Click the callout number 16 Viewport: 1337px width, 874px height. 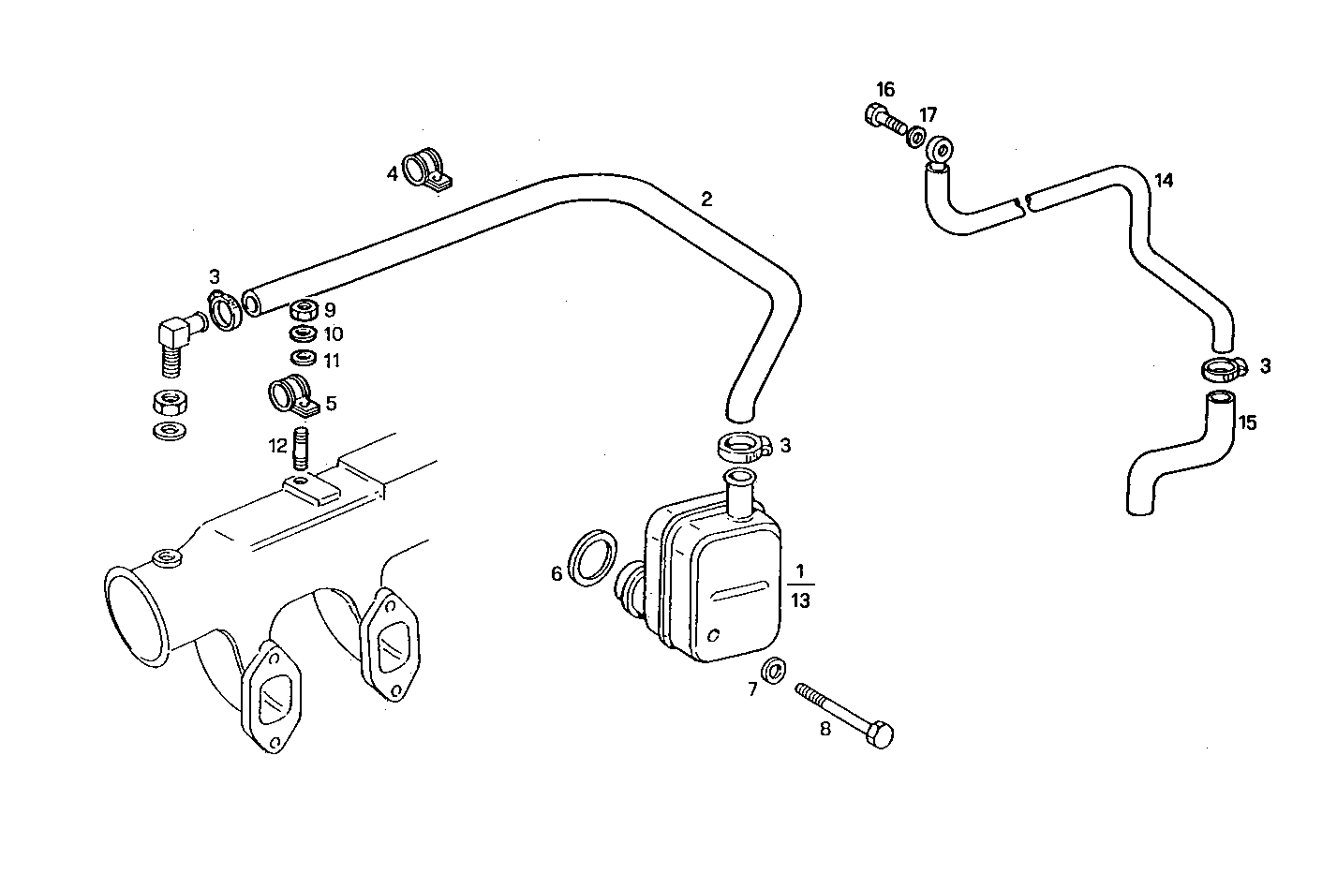click(885, 90)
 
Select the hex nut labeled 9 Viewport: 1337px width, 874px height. click(303, 309)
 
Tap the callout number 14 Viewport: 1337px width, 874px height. click(1163, 180)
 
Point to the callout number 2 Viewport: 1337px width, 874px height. click(706, 199)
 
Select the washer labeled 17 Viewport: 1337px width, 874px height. click(914, 138)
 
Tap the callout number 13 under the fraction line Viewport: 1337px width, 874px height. click(800, 601)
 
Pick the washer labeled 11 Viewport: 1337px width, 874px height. click(303, 359)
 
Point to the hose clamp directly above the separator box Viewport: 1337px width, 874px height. click(743, 446)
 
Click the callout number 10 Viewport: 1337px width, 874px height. click(334, 334)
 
